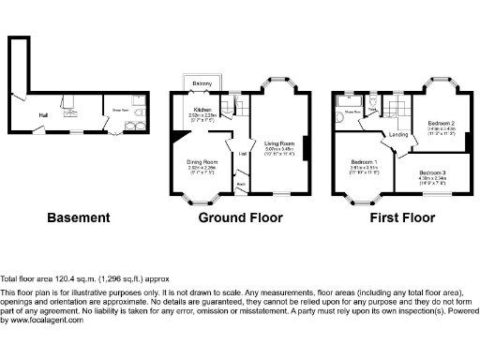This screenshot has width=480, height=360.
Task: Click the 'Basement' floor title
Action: tap(78, 217)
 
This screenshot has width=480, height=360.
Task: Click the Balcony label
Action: tap(201, 83)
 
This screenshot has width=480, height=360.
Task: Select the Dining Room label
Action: tap(202, 162)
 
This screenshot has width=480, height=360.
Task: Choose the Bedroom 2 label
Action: tap(441, 124)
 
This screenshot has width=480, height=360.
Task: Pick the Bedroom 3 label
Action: tap(432, 173)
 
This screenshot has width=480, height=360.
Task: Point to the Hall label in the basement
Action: tap(43, 115)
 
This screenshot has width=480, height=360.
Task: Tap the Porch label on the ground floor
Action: tap(241, 185)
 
